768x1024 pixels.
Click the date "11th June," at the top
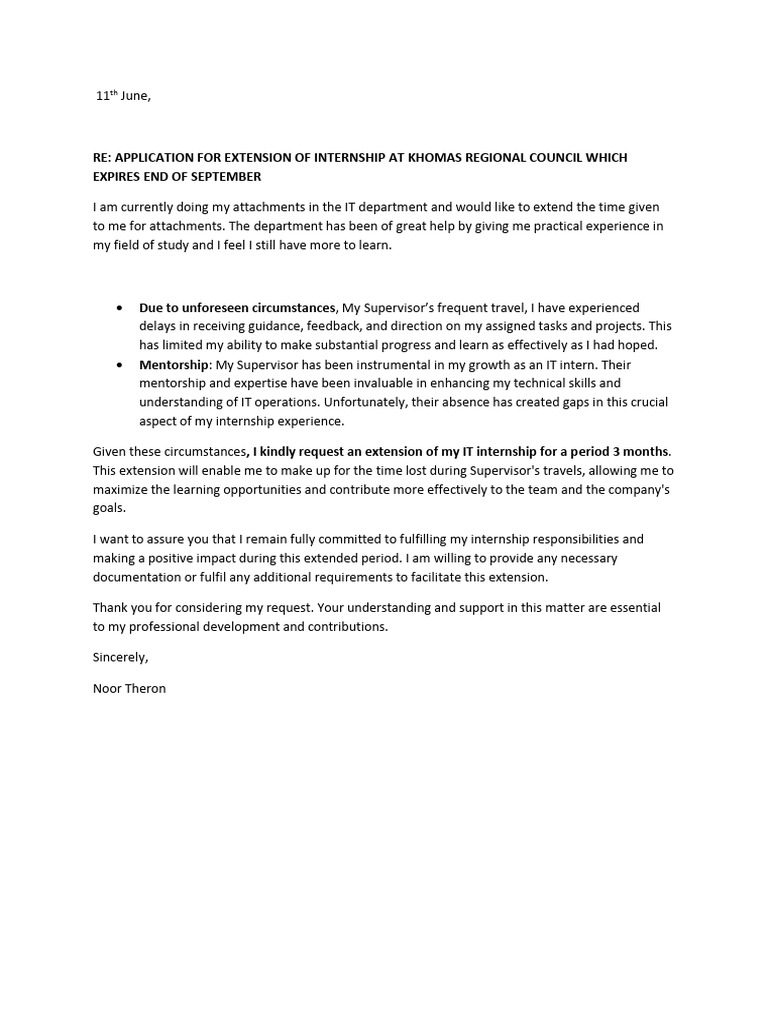123,96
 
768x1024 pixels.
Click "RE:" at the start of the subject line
103,159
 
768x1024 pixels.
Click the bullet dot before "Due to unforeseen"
121,308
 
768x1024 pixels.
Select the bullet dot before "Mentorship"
121,365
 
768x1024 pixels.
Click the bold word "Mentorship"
174,365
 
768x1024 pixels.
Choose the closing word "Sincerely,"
120,657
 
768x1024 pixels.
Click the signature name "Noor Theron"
129,688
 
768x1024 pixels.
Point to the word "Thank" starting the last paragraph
111,608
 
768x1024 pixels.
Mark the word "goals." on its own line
110,507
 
